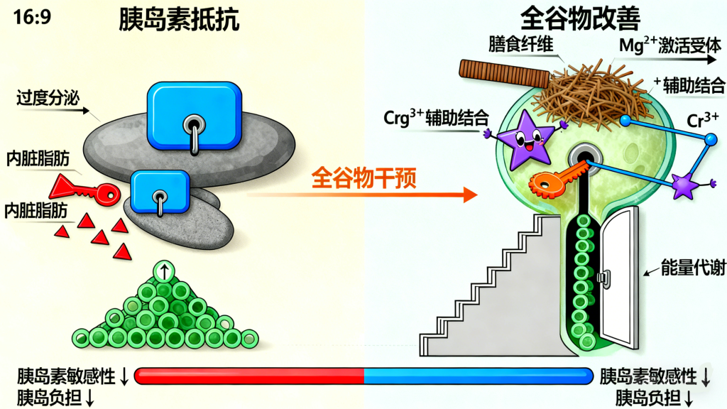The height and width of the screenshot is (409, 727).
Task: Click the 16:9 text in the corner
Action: pyautogui.click(x=31, y=17)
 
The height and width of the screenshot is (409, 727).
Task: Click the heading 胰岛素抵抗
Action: pyautogui.click(x=179, y=21)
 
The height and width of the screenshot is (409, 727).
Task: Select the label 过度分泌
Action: pyautogui.click(x=46, y=98)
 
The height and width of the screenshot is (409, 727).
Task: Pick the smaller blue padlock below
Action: pyautogui.click(x=160, y=191)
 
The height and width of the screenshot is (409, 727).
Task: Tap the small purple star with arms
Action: pyautogui.click(x=686, y=185)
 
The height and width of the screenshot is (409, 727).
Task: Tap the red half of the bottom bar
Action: pyautogui.click(x=248, y=376)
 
